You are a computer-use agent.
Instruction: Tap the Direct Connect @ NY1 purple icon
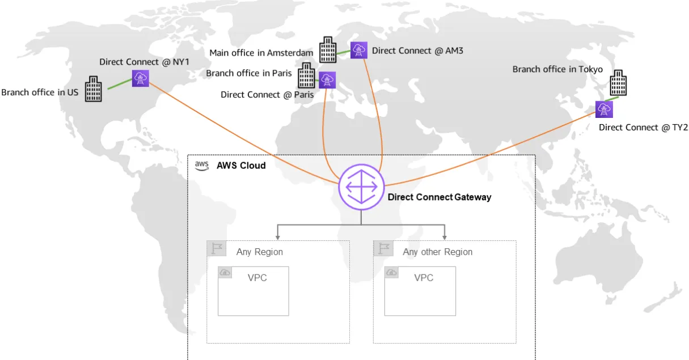[x=140, y=78]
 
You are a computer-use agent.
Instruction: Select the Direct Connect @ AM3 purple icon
[x=358, y=50]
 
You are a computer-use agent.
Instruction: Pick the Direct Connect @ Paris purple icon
[x=327, y=80]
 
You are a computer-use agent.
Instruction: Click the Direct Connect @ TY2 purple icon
[x=604, y=109]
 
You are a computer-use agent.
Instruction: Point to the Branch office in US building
[x=94, y=89]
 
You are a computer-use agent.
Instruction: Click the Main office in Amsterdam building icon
[x=327, y=50]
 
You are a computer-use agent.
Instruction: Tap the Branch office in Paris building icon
[x=306, y=75]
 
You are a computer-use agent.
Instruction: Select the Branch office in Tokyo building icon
[x=618, y=83]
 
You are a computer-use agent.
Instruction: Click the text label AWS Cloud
[x=241, y=166]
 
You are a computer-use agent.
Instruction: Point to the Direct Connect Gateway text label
[x=439, y=197]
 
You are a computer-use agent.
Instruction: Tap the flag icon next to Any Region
[x=216, y=248]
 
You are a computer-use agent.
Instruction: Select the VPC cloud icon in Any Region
[x=225, y=273]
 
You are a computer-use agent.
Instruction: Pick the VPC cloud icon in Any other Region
[x=392, y=273]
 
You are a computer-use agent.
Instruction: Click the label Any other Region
[x=437, y=252]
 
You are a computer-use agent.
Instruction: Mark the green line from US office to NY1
[x=119, y=84]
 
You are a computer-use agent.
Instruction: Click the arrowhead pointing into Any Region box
[x=277, y=236]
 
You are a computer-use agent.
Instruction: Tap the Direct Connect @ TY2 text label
[x=642, y=128]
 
